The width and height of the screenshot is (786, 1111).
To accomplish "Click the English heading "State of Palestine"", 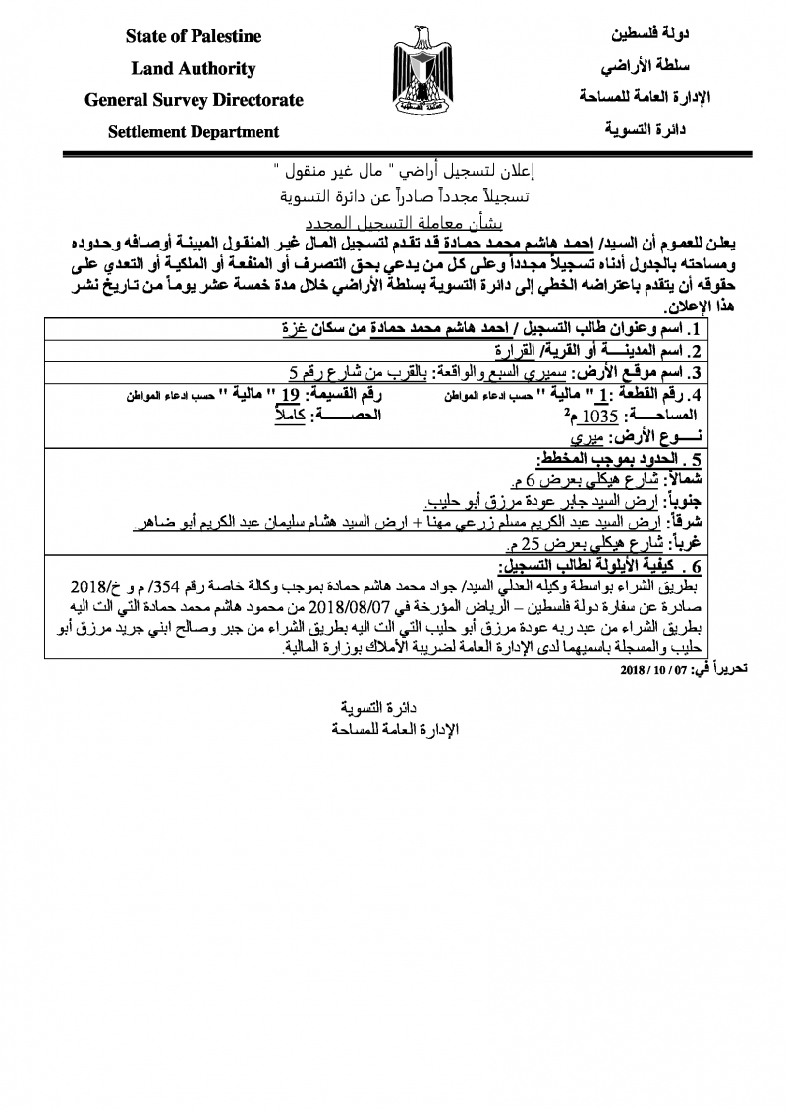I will coord(194,37).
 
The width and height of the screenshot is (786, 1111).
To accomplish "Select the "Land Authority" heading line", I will coord(194,69).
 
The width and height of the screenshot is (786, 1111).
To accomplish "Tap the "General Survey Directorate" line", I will coord(194,100).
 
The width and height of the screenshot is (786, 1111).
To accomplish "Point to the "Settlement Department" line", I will coord(194,132).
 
